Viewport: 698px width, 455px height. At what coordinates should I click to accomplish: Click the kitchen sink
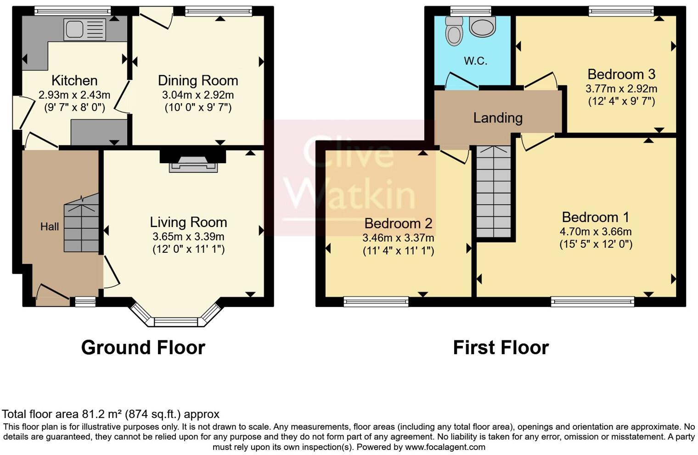(84, 30)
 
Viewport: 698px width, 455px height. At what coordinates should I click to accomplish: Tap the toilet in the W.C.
(454, 31)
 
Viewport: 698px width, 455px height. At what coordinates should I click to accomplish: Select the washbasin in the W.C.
(483, 27)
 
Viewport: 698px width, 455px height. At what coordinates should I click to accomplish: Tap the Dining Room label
(198, 80)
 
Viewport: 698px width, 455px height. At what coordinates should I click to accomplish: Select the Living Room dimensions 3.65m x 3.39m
(188, 237)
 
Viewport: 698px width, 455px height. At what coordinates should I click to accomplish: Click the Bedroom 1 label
(596, 216)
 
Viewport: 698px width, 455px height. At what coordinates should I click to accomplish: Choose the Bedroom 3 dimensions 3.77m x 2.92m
(621, 89)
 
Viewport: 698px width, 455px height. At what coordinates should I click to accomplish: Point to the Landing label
(498, 118)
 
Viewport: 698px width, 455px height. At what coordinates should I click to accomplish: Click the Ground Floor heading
(143, 348)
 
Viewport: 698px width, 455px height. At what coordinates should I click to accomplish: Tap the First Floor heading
(501, 348)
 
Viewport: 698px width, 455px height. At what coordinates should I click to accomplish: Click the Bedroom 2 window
(376, 301)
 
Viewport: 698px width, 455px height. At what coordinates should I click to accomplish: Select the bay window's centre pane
(175, 322)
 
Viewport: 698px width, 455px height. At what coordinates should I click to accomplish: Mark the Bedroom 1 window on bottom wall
(592, 301)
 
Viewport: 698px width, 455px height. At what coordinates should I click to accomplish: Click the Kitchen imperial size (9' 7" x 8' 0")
(74, 107)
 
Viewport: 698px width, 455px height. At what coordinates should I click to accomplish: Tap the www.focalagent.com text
(445, 447)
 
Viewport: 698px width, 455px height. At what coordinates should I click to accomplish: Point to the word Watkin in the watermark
(351, 195)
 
